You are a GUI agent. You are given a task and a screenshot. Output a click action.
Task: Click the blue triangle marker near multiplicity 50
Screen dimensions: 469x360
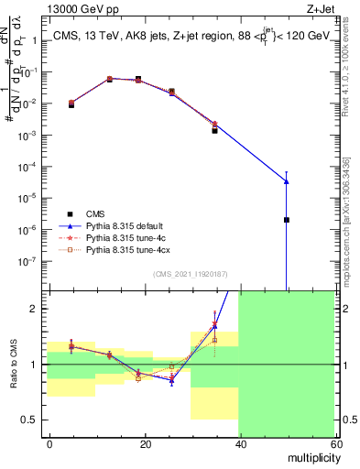pos(287,181)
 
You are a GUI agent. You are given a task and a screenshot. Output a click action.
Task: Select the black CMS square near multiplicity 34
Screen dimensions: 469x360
pos(215,130)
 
